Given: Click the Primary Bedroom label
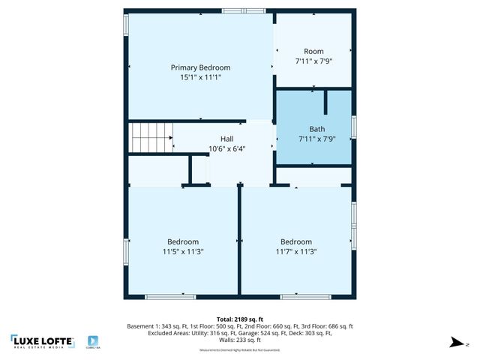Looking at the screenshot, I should click(200, 67).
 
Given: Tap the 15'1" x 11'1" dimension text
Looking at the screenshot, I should click(200, 77).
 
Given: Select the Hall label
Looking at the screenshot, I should click(226, 139).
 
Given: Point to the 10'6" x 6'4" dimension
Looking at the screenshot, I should click(226, 148).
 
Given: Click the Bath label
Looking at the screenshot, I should click(316, 129).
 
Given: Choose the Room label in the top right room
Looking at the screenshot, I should click(314, 52).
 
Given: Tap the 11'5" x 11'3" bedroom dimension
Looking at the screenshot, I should click(183, 251).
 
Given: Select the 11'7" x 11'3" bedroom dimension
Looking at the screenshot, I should click(296, 251).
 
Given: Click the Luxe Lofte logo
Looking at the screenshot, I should click(43, 341).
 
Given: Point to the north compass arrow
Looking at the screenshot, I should click(454, 343).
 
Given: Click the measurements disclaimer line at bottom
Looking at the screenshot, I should click(239, 350).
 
